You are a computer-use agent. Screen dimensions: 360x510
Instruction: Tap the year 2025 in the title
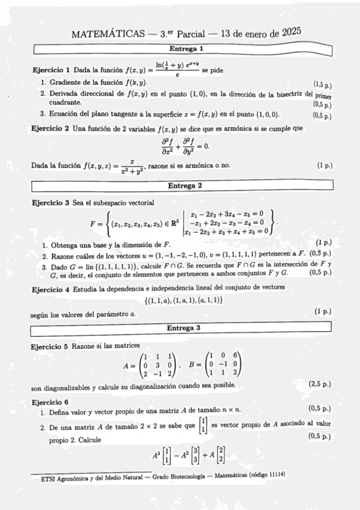pyautogui.click(x=291, y=31)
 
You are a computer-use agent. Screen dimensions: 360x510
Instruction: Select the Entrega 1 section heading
pyautogui.click(x=186, y=48)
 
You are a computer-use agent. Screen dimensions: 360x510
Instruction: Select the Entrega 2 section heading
pyautogui.click(x=186, y=185)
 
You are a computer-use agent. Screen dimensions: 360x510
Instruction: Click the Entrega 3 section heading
pyautogui.click(x=186, y=328)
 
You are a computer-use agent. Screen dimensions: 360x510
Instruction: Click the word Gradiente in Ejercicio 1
pyautogui.click(x=66, y=82)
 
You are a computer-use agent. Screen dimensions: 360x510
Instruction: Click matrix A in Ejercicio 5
pyautogui.click(x=157, y=364)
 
